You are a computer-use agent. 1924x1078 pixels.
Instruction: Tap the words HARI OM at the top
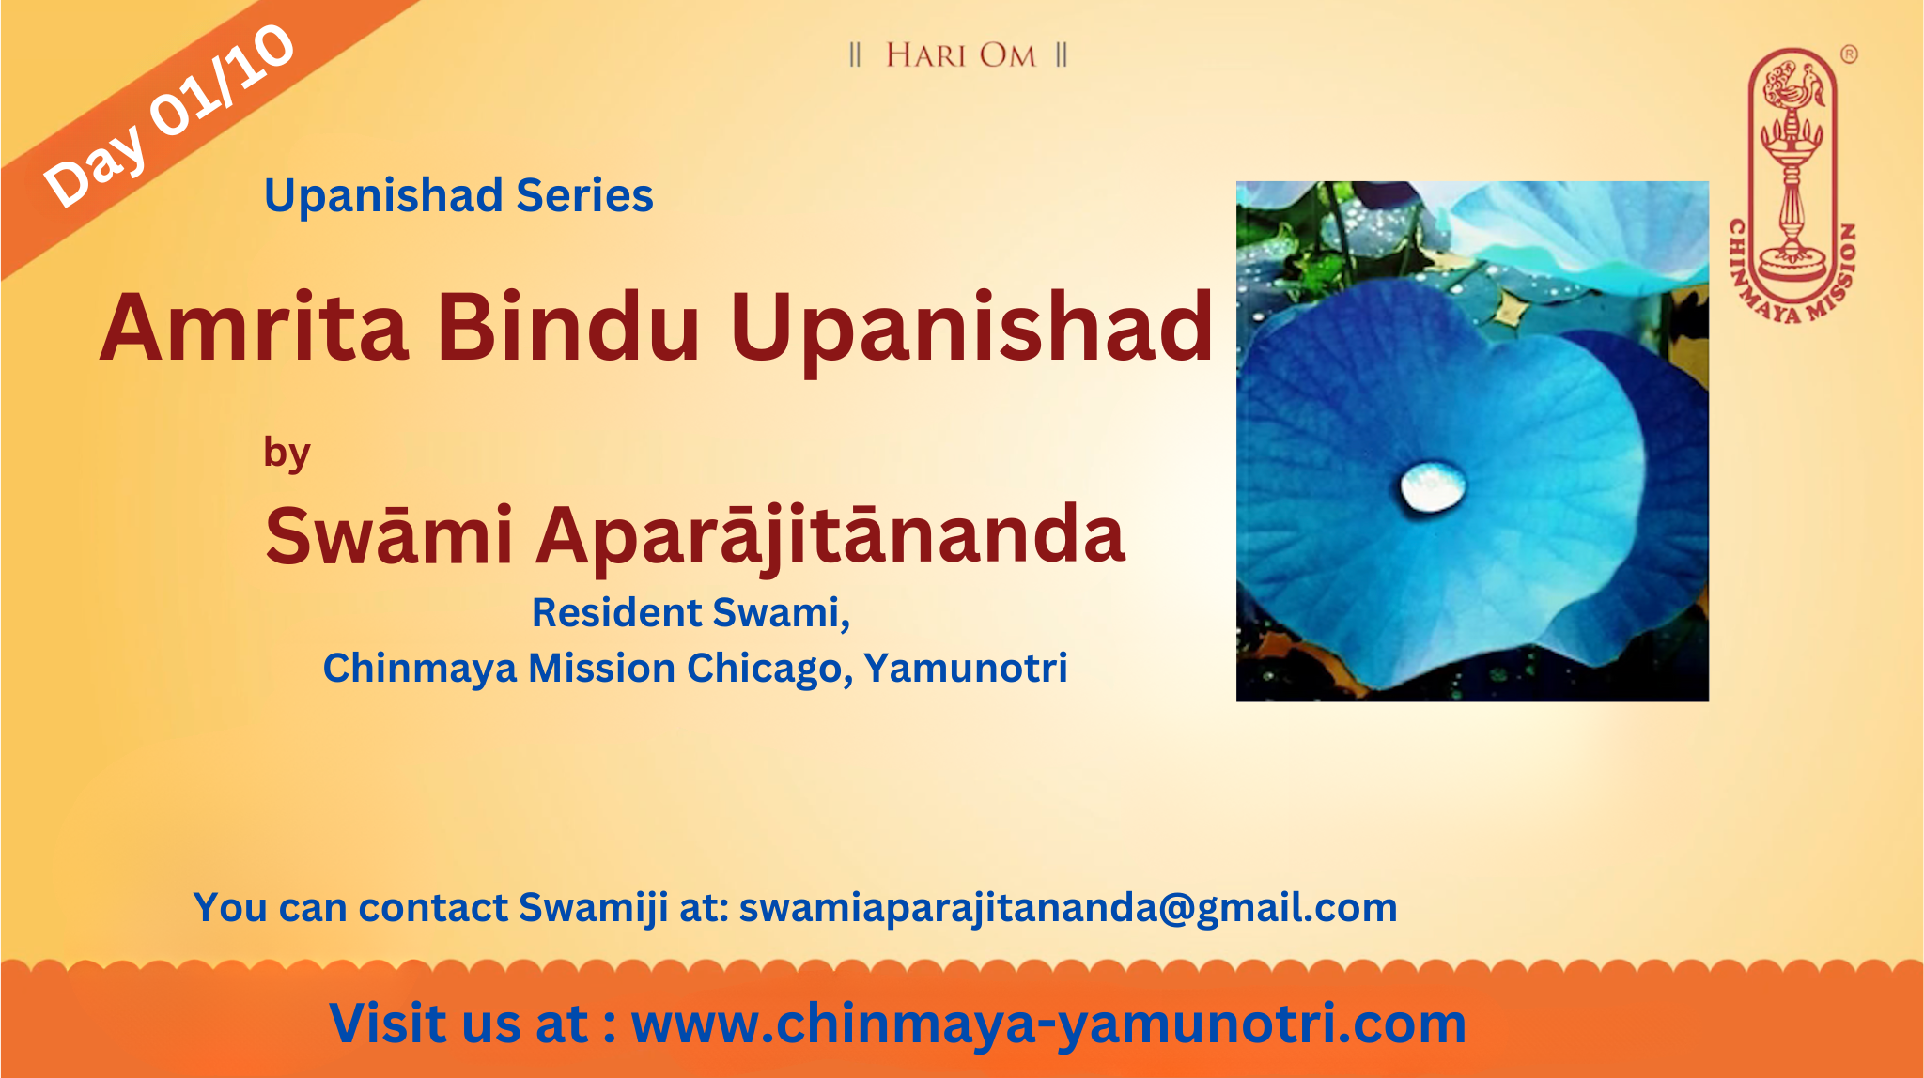click(x=960, y=55)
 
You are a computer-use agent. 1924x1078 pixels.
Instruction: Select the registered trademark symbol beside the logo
click(x=1848, y=54)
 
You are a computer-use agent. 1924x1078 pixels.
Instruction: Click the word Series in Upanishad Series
click(x=584, y=195)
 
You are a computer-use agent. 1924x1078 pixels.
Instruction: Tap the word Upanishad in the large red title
click(x=971, y=331)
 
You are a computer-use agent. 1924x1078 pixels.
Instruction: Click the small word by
click(x=287, y=454)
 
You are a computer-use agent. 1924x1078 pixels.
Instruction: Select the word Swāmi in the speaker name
click(x=389, y=535)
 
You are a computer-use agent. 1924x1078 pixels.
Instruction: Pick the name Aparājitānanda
click(x=830, y=537)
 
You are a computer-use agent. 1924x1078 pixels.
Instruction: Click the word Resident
click(x=617, y=612)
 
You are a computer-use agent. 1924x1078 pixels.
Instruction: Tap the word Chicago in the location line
click(x=769, y=669)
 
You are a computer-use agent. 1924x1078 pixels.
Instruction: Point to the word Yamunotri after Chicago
click(x=966, y=668)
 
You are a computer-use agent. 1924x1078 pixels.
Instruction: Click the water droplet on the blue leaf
click(x=1432, y=486)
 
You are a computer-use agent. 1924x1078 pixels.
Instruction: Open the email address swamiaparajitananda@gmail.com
click(x=1068, y=908)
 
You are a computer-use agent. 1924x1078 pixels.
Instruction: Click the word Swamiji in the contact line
click(x=594, y=908)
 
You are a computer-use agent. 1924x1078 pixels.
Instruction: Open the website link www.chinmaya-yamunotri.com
click(x=1048, y=1024)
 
